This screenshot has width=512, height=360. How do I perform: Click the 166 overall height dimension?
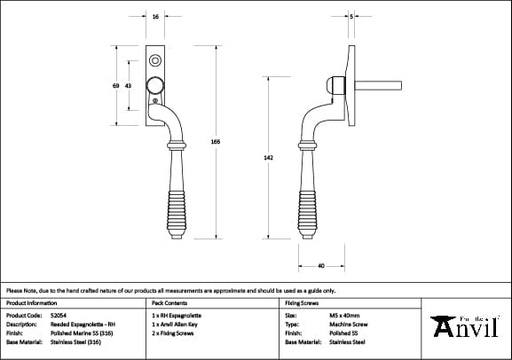click(x=216, y=142)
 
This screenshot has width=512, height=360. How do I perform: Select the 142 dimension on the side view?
click(x=269, y=157)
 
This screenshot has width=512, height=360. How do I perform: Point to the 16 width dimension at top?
click(x=156, y=17)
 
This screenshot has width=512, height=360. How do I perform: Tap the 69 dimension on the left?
click(x=116, y=86)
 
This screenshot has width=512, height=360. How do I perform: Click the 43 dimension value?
click(x=129, y=86)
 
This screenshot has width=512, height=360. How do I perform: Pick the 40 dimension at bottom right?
click(x=319, y=264)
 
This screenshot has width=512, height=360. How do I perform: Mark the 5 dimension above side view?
click(x=351, y=17)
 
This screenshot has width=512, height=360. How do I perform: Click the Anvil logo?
click(x=467, y=325)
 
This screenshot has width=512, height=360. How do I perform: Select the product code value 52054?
click(x=59, y=315)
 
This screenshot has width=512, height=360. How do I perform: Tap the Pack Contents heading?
click(x=169, y=302)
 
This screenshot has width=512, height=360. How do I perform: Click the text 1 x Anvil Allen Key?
click(x=176, y=324)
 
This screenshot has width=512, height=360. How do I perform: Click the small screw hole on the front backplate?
click(x=156, y=61)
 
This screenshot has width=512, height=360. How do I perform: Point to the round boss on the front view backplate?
click(x=156, y=86)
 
